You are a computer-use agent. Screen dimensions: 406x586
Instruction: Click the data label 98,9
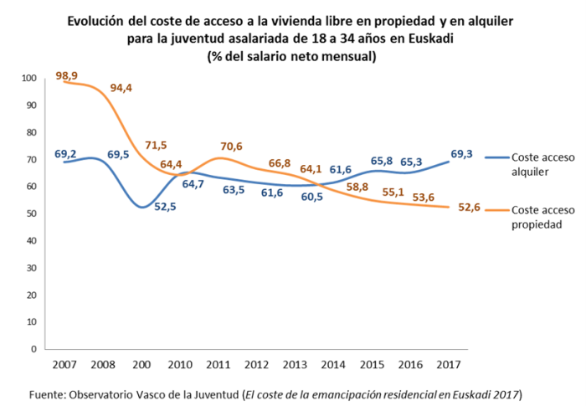[67, 76]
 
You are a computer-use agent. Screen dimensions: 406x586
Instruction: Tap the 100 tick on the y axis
[30, 79]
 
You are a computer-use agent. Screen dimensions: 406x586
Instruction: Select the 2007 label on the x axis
[64, 366]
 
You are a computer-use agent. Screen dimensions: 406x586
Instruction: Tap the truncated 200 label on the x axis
[140, 366]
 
